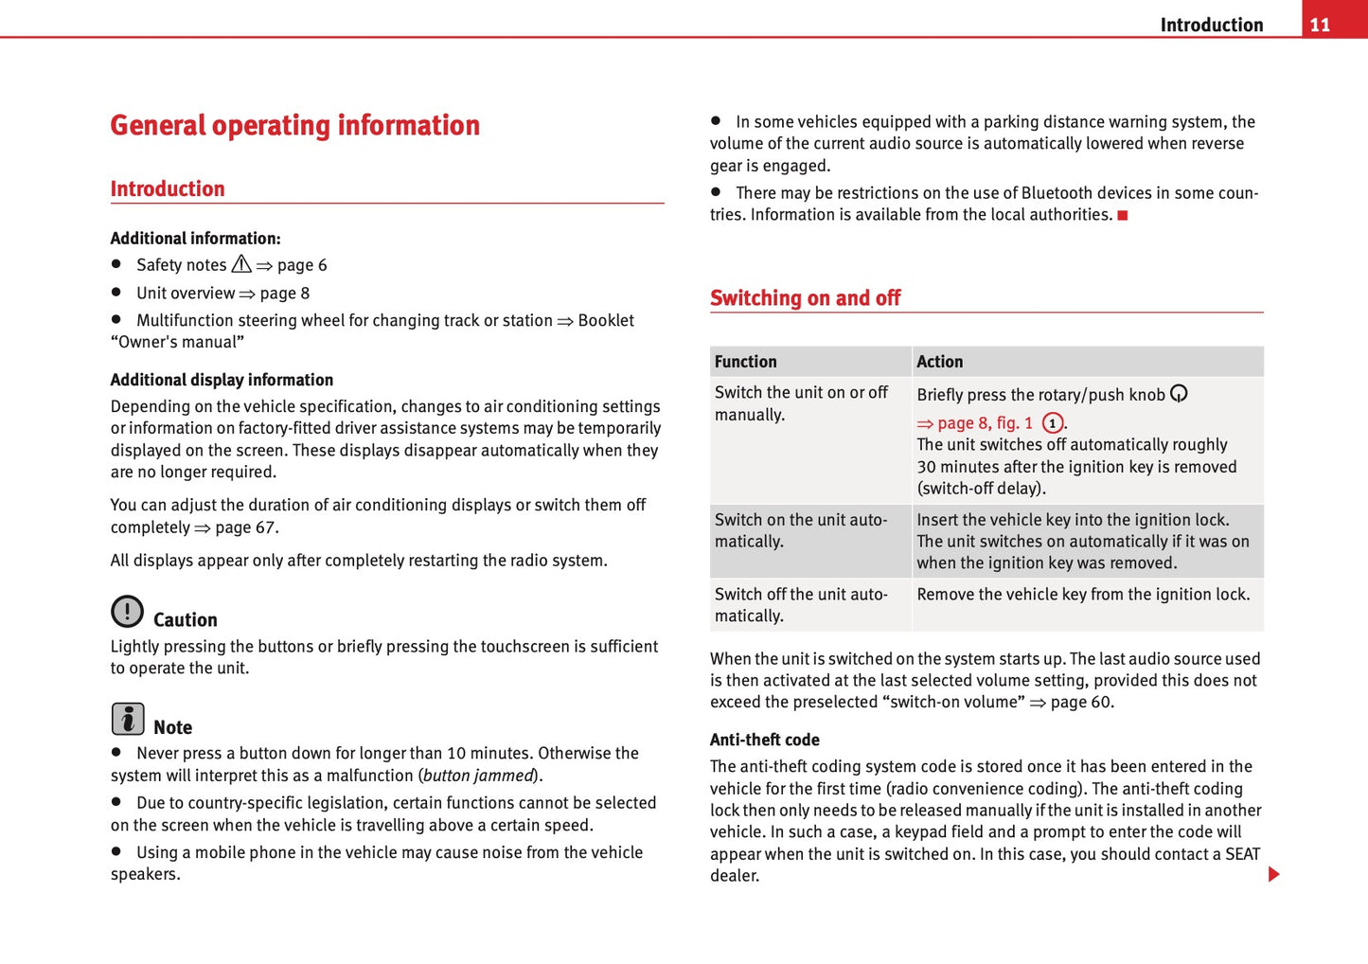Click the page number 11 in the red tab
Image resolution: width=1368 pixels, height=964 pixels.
[x=1320, y=25]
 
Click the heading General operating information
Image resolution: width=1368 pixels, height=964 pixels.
[x=294, y=125]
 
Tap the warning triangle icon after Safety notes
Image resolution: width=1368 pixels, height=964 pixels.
[x=241, y=264]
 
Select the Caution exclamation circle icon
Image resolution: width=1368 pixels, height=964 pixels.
[x=127, y=612]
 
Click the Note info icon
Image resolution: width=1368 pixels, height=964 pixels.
[x=128, y=719]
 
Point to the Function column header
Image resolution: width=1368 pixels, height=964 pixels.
[x=745, y=362]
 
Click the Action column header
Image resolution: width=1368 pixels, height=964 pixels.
[x=939, y=362]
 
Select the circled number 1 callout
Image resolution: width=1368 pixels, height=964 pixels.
[x=1052, y=423]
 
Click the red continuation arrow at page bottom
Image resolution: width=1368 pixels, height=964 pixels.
[x=1273, y=874]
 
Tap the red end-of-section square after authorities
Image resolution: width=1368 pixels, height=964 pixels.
[x=1123, y=216]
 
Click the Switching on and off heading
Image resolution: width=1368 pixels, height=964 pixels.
[x=805, y=298]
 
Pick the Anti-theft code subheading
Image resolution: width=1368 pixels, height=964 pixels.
[x=764, y=740]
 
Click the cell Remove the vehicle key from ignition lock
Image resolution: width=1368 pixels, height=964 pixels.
[x=1083, y=595]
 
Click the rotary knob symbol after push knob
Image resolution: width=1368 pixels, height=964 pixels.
[x=1179, y=394]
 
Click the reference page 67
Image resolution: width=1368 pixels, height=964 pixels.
[x=246, y=527]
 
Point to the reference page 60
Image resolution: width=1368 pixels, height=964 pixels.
[x=1081, y=703]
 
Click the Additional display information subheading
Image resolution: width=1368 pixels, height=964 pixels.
[x=222, y=380]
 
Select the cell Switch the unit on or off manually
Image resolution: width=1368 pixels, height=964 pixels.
[x=801, y=403]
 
